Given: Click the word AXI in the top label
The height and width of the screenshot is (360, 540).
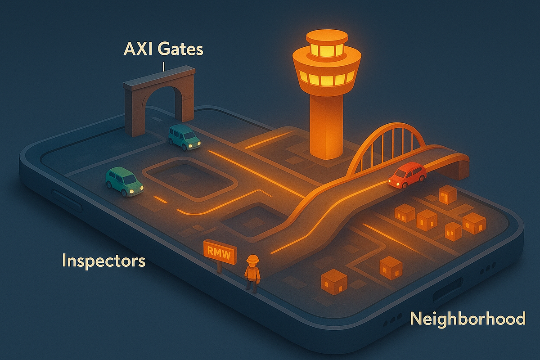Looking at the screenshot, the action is coord(138,49).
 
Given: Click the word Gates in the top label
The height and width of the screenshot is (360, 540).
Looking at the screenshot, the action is coord(180,49).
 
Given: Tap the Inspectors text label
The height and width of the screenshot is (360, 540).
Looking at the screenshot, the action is coord(104,261).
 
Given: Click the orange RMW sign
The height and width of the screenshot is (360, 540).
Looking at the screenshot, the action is coord(220,252).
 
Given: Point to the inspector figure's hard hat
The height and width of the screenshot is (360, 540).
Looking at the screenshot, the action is coord(252,259).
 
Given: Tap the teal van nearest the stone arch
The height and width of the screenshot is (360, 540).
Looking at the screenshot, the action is coord(184,137).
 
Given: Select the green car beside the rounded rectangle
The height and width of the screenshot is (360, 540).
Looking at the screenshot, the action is coord(124,181).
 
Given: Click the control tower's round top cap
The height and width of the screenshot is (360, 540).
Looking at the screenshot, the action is coord(327,37).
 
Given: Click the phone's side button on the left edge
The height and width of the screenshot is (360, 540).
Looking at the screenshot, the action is coord(67,201).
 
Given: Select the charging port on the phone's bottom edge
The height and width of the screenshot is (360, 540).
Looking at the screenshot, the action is coord(448,289).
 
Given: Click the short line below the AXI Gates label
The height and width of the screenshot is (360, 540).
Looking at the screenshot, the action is coord(163,67).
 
